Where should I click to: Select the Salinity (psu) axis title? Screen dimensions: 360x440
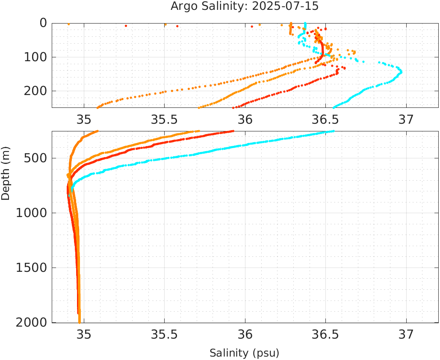coord(244,353)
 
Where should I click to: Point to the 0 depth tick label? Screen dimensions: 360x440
coord(43,23)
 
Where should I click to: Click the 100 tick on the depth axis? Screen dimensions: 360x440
coord(36,57)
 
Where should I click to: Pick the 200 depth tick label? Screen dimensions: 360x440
coord(36,91)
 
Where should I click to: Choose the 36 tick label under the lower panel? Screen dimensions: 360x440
coord(245,333)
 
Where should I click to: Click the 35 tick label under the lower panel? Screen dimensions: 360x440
coord(84,333)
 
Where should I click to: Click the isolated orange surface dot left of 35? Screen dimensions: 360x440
coord(68,24)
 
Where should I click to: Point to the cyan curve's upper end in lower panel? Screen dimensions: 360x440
coord(333,131)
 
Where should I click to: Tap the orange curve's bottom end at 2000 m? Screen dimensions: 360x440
coord(80,322)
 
